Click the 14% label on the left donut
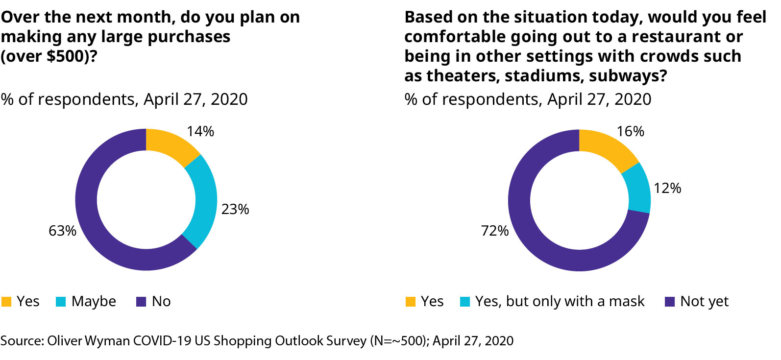pyautogui.click(x=200, y=131)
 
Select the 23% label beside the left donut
pyautogui.click(x=235, y=209)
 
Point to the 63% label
pyautogui.click(x=62, y=231)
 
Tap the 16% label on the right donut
pyautogui.click(x=630, y=131)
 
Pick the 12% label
pyautogui.click(x=667, y=188)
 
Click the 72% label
pyautogui.click(x=495, y=231)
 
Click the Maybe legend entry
pyautogui.click(x=93, y=301)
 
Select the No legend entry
pyautogui.click(x=161, y=301)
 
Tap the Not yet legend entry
pyautogui.click(x=704, y=301)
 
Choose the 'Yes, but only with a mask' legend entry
pyautogui.click(x=559, y=301)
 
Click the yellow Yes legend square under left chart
pyautogui.click(x=6, y=302)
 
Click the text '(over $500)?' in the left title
pyautogui.click(x=49, y=56)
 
